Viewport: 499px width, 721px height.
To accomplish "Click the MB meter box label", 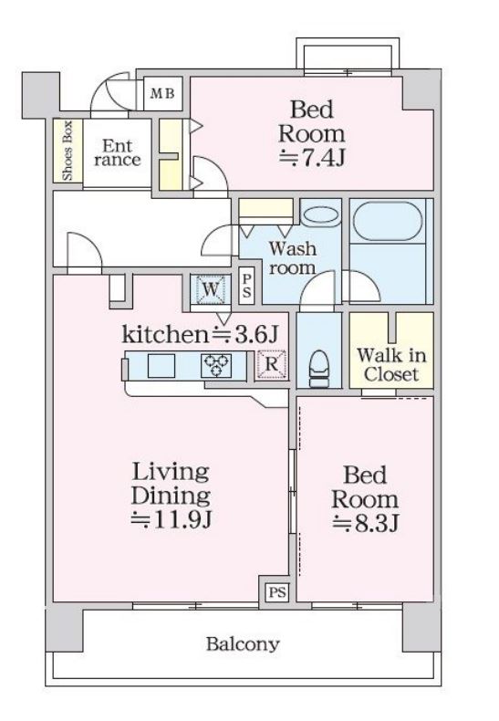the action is coord(162,94).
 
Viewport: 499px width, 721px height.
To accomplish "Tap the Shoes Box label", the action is coord(68,151).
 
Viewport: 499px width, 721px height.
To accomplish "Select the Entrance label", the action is coord(118,152).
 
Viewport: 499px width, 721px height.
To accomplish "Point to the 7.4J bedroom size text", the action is coord(312,158).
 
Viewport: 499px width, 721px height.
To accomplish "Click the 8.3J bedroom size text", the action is coord(365,523).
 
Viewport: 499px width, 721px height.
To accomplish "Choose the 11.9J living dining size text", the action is coord(171,519).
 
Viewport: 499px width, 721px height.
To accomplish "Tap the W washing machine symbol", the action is coord(211,289).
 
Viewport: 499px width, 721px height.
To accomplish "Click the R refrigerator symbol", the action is coord(272,365).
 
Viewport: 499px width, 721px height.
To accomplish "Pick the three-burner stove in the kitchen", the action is coord(216,366).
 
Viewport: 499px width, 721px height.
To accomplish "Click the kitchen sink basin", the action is coord(161,366).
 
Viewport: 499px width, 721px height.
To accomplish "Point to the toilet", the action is coord(319,369).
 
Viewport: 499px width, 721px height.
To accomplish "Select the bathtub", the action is coord(388,222).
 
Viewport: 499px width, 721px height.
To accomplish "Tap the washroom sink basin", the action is coord(322,215).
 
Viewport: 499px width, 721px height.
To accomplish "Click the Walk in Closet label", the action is coord(391,365).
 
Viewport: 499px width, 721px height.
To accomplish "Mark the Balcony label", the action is coord(243,644).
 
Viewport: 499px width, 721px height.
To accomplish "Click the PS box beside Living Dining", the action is coord(277,591).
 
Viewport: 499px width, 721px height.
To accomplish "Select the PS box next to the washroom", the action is coord(246,286).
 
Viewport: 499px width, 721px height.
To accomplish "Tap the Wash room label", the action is coord(293,258).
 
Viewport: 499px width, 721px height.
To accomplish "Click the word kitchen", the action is coord(165,334).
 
